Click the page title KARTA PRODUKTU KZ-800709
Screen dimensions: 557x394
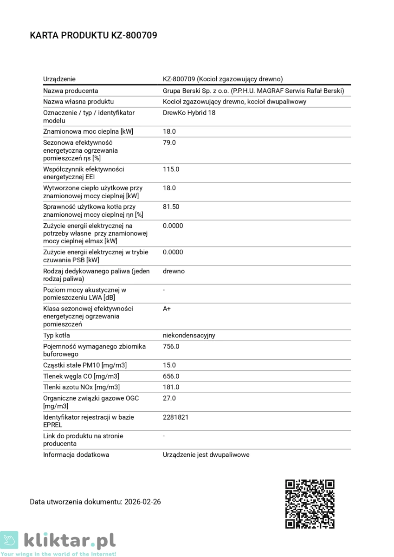[93, 35]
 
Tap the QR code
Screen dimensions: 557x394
[310, 504]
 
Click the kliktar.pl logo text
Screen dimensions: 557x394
[70, 541]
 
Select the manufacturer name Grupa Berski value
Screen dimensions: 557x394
[253, 91]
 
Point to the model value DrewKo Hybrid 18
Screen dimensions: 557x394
[189, 113]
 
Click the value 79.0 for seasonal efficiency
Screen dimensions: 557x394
[169, 142]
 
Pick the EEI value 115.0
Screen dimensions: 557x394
[171, 169]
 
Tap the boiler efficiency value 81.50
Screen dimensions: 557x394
[171, 207]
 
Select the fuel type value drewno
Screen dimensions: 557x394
[174, 271]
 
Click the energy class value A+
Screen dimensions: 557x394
[167, 309]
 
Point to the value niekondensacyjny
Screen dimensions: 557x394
[189, 336]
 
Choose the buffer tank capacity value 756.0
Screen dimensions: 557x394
[171, 347]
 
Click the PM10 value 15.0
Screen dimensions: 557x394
[169, 365]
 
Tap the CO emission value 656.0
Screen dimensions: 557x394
[171, 376]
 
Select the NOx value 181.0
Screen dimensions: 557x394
[171, 387]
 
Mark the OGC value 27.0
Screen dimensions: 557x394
[169, 398]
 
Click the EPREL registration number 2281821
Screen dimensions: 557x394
[175, 417]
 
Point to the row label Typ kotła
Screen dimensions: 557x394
[57, 336]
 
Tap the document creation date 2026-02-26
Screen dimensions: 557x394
[142, 502]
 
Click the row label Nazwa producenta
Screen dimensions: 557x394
[71, 91]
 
